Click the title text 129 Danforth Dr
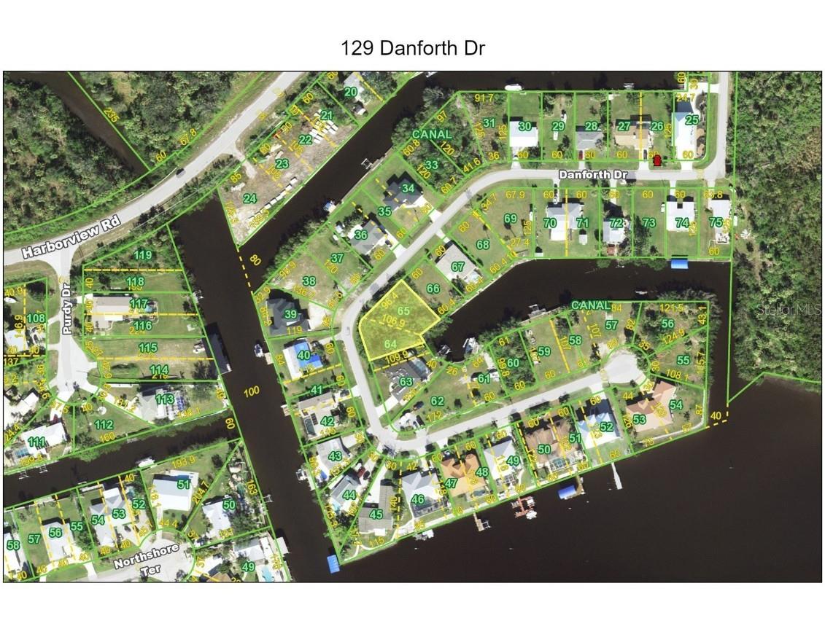tap(412, 48)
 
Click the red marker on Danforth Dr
tap(656, 160)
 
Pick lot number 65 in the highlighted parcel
tap(405, 310)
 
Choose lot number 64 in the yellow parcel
tap(390, 344)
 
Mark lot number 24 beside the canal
tap(249, 198)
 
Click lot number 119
tap(144, 255)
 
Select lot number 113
tap(165, 399)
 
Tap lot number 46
tap(418, 499)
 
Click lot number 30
tap(524, 125)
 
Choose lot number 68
tap(483, 245)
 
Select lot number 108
tap(36, 318)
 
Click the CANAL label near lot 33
tap(432, 135)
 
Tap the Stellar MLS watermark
tap(798, 310)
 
